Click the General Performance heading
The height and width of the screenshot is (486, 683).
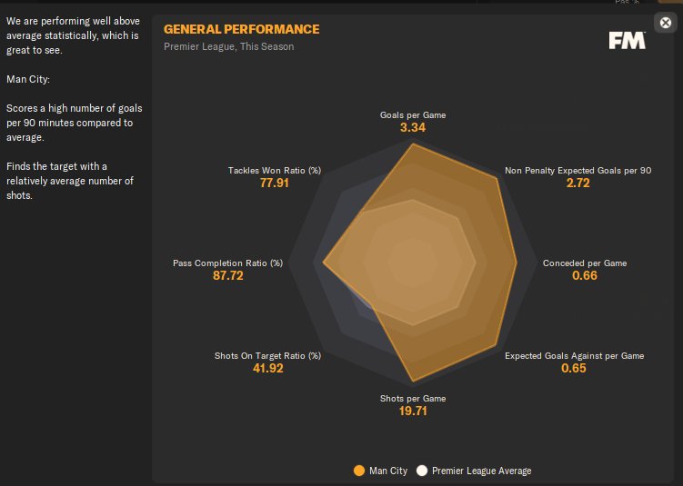coord(241,29)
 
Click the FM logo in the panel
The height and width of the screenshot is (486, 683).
coord(627,40)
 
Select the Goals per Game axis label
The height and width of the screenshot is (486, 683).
coord(413,115)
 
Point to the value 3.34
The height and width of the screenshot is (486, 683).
coord(413,128)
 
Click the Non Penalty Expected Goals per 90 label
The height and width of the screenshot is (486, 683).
coord(578,170)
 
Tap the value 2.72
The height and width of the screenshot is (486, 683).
coord(578,183)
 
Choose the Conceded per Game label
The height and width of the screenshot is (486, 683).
coord(585,263)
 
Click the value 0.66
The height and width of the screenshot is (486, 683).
coord(585,275)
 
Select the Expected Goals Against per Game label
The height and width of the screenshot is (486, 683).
coord(574,356)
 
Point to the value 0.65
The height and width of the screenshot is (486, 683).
coord(574,368)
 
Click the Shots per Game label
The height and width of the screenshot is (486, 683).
coord(413,398)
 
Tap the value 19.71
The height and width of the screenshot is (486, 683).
coord(413,411)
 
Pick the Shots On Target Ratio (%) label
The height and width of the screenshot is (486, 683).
coord(267,356)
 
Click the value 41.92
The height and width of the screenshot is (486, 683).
coord(268,368)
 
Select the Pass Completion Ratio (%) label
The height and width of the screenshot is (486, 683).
coord(228,263)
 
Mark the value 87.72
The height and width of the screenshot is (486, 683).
coord(228,275)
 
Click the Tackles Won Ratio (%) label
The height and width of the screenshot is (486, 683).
coord(274,170)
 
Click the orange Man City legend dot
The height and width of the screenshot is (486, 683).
coord(359,471)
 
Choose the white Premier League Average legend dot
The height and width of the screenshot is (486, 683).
coord(422,471)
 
